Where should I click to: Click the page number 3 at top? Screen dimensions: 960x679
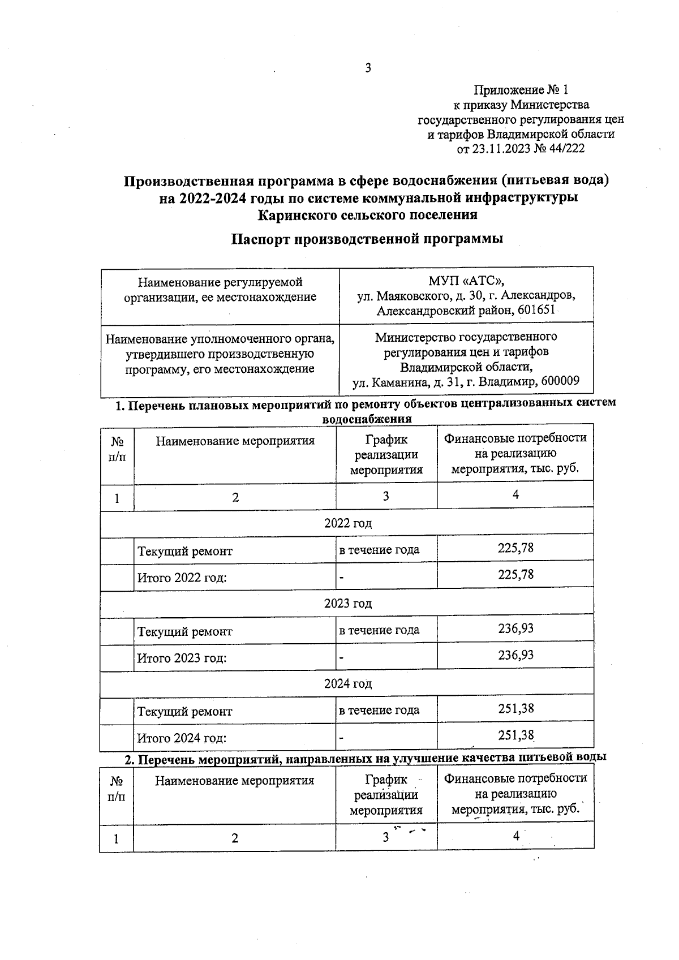[368, 68]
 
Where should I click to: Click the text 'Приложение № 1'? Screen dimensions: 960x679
[520, 90]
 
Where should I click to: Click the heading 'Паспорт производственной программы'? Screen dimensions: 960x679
[367, 239]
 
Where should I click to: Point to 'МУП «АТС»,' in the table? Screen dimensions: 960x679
[466, 281]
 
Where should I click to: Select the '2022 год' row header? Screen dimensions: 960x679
[347, 523]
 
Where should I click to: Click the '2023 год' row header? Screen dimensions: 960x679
[347, 604]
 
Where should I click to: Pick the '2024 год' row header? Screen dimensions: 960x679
[347, 684]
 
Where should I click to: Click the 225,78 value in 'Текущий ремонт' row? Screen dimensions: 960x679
[515, 548]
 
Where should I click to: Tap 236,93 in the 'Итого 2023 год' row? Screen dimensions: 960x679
[515, 655]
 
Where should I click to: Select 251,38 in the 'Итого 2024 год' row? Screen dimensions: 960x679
[515, 735]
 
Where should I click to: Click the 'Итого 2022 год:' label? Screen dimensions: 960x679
[182, 578]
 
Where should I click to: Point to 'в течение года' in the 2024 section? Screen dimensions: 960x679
[379, 711]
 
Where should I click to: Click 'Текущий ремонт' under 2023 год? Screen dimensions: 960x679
[185, 631]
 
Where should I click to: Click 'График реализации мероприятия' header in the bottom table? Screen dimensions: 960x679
[386, 795]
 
